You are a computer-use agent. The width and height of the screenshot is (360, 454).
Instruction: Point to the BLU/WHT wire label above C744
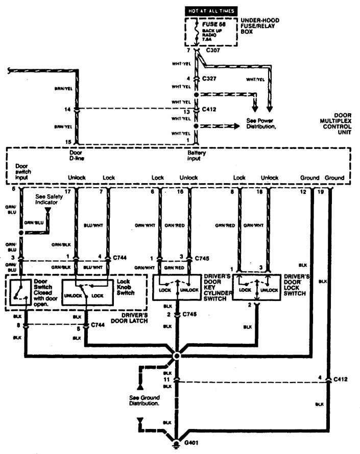point(92,223)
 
